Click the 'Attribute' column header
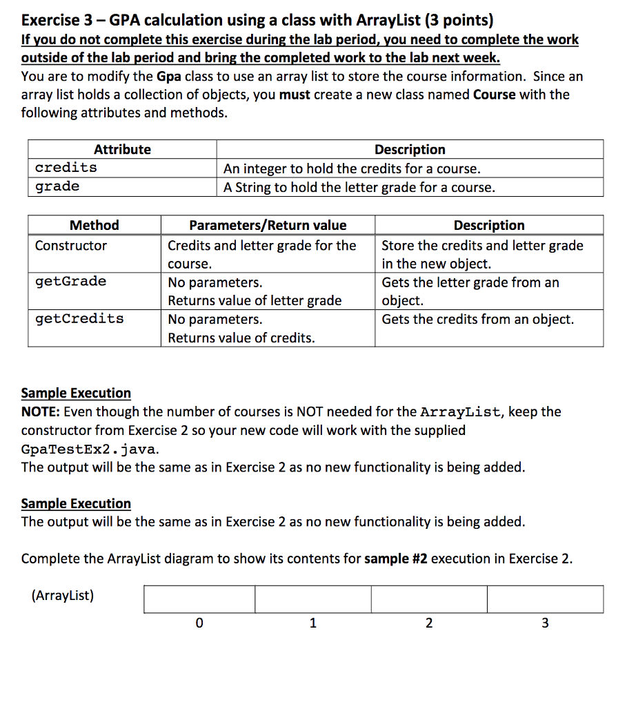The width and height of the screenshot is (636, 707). [122, 149]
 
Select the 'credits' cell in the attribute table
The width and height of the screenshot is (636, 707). [66, 168]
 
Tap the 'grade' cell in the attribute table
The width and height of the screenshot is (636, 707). [57, 186]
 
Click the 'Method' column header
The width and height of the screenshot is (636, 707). [95, 225]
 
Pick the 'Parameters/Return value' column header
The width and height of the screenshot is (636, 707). [268, 225]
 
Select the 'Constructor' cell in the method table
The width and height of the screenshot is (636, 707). [71, 246]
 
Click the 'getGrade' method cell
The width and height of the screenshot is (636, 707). [71, 281]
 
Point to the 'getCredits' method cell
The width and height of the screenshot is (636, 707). [79, 318]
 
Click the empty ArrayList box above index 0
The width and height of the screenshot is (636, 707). [199, 599]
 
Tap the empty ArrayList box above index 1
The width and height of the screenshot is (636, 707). [312, 599]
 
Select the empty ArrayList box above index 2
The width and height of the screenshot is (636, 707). [428, 599]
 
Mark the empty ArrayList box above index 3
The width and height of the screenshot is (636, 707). [545, 599]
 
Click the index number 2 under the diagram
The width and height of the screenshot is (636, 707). [428, 623]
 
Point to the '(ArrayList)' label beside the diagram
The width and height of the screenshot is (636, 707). [62, 595]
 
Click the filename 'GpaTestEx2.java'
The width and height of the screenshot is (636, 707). [90, 449]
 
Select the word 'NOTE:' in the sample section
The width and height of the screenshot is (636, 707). [42, 412]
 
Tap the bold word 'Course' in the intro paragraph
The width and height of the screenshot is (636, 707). [495, 95]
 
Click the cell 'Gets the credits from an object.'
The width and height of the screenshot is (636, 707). [477, 319]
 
